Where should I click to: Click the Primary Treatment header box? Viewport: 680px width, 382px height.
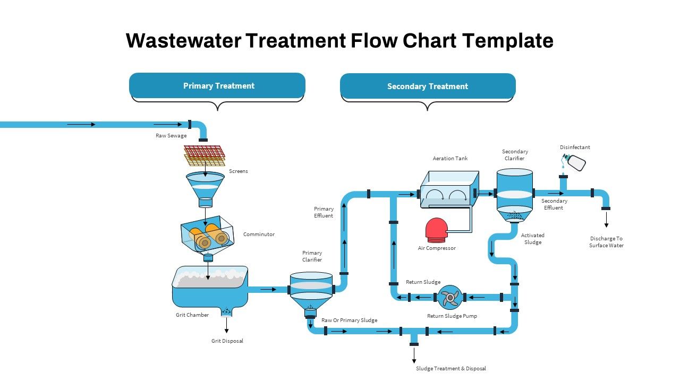[217, 85]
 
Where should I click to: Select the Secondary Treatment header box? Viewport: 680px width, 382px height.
[428, 86]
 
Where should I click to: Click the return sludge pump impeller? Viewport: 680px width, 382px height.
[450, 297]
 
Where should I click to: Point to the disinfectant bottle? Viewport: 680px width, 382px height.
[575, 162]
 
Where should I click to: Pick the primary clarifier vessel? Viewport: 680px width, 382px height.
[311, 292]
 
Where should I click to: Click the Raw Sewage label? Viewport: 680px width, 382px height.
[171, 136]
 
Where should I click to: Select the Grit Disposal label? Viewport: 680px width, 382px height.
[227, 341]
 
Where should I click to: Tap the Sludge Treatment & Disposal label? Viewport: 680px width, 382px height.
[450, 369]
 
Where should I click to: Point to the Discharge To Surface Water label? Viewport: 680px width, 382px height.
[606, 242]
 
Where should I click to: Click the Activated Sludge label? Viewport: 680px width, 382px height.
[532, 239]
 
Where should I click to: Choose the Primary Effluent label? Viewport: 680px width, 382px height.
[324, 212]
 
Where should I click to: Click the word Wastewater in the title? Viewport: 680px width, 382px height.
[182, 41]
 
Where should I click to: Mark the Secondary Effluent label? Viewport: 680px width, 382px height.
[554, 204]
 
